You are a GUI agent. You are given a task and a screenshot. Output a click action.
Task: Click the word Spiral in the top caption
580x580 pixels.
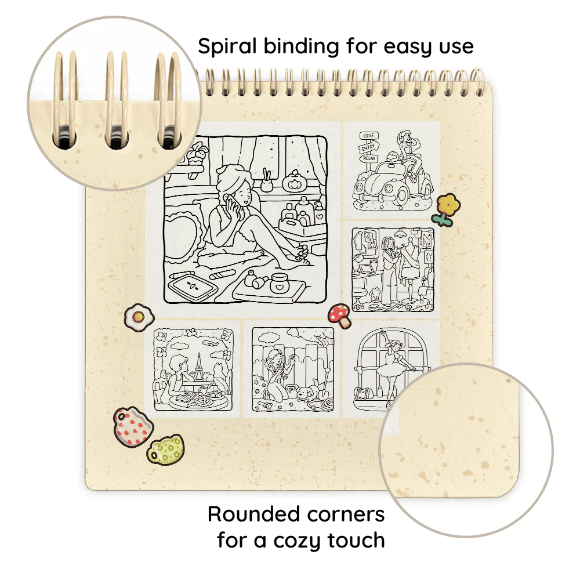(227, 47)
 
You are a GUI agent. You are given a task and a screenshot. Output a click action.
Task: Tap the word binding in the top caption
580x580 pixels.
(301, 47)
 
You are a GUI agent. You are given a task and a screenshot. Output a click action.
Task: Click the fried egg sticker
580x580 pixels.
(139, 317)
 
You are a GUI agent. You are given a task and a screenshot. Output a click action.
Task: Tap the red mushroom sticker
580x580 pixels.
(340, 315)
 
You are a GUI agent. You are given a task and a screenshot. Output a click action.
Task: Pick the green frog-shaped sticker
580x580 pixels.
(166, 449)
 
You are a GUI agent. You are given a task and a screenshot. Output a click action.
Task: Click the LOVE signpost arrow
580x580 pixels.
(369, 136)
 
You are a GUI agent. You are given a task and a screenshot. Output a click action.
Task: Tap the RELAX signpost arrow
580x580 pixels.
(369, 158)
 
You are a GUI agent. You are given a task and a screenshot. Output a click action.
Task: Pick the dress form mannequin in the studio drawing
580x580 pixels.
(409, 266)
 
